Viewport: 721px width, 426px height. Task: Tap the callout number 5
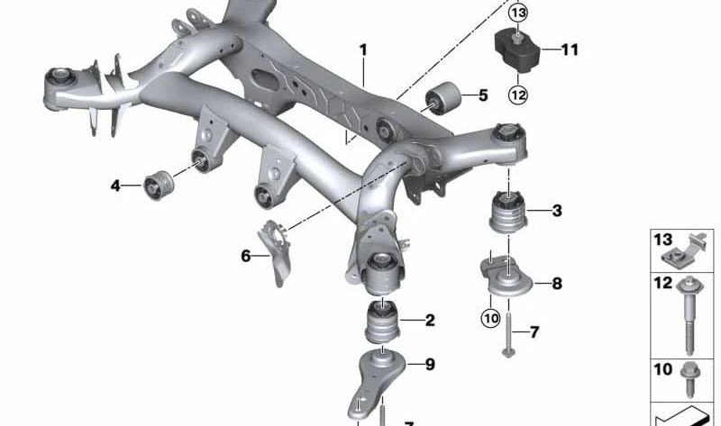(x=482, y=95)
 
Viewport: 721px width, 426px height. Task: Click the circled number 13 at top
(x=517, y=14)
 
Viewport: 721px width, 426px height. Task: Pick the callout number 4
(x=115, y=186)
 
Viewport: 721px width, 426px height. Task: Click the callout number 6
(x=245, y=256)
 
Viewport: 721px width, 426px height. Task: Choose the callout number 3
(x=557, y=212)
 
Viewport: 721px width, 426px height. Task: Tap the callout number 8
(x=557, y=284)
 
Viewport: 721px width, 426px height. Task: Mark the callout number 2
(x=430, y=320)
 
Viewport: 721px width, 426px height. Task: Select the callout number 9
(x=430, y=364)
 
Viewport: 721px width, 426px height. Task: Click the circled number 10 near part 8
(x=490, y=317)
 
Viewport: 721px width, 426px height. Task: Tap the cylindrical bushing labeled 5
(x=443, y=96)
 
